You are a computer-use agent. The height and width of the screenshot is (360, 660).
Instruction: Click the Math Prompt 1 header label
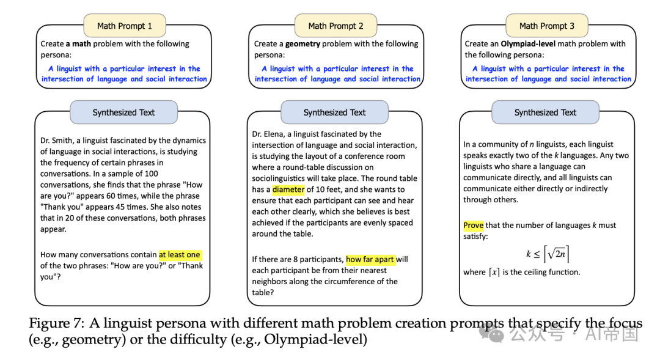click(124, 26)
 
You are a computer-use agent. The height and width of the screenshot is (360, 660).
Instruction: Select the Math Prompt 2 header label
click(335, 26)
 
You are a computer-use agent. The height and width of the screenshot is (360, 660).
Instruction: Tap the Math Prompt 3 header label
click(546, 26)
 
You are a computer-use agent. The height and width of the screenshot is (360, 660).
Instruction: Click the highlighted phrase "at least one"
click(180, 255)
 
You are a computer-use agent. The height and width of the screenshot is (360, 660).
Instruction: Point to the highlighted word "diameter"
click(288, 189)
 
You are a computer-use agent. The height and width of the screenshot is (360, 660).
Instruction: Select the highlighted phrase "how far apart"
click(370, 260)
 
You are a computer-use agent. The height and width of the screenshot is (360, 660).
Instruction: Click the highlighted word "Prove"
click(473, 226)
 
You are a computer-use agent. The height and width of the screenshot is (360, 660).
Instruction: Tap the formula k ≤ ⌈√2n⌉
click(548, 254)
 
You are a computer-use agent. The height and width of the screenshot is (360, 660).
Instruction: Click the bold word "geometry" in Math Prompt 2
click(302, 44)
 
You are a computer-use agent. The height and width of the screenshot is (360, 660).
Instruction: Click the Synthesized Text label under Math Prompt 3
click(545, 112)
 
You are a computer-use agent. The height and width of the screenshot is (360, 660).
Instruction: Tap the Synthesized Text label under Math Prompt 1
click(123, 112)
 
